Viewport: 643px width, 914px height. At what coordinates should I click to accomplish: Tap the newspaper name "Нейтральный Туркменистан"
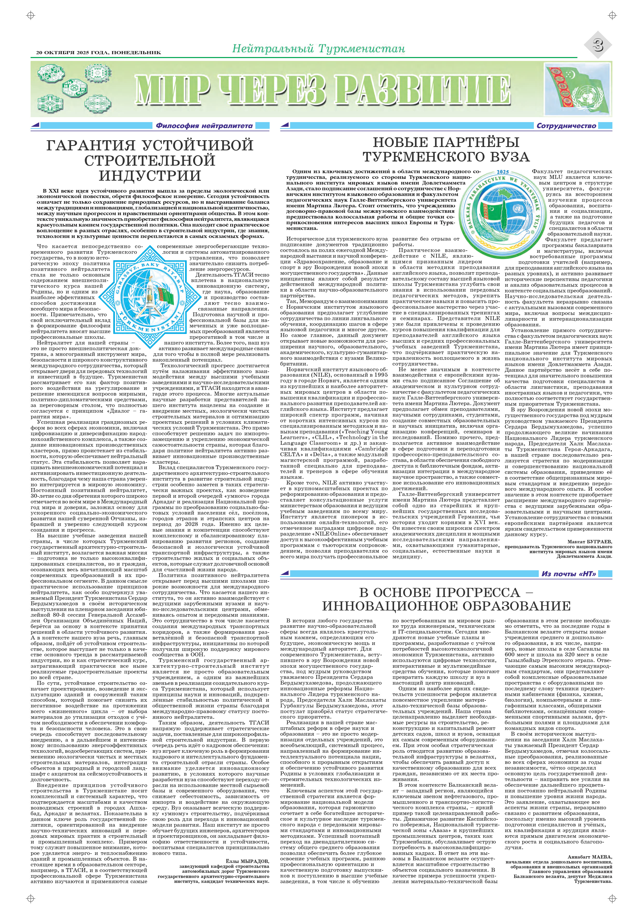318,48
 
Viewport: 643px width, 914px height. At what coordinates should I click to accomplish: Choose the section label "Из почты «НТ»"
569,574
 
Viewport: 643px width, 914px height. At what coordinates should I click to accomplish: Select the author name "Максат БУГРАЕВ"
589,542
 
